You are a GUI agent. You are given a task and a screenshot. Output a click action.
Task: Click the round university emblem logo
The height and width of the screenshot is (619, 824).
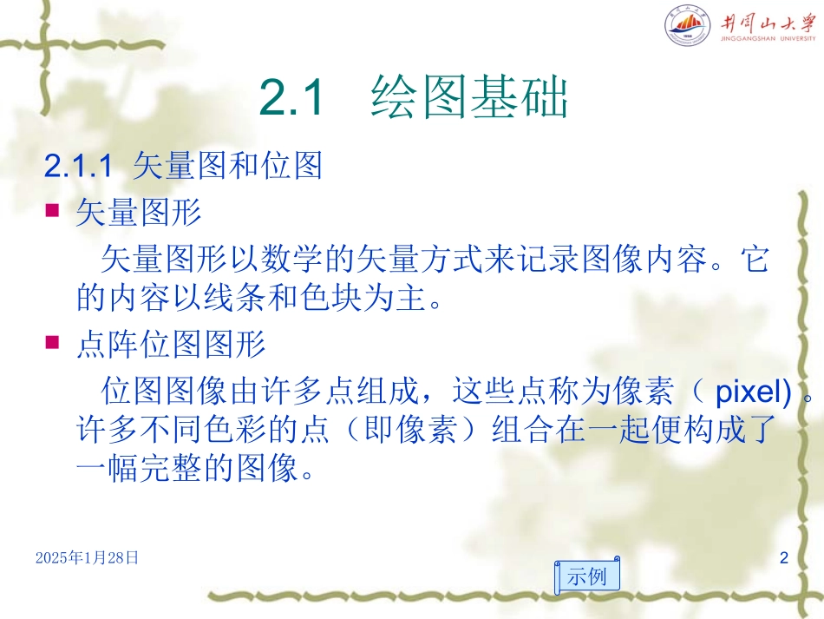pos(687,28)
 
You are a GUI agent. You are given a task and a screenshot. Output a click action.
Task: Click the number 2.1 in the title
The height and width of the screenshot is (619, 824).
pos(291,98)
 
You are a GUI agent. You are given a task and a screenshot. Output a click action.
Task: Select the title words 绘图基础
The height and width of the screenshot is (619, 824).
pos(468,98)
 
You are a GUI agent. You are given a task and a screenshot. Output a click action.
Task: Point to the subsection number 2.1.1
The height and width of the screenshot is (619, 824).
pos(78,166)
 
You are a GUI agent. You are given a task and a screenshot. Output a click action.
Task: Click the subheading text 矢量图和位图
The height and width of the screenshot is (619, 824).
pos(227,166)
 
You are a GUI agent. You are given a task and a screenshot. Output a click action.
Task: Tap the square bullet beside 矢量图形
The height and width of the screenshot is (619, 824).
pos(52,210)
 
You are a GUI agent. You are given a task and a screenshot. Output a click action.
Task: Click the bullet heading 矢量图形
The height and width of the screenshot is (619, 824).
pos(138,213)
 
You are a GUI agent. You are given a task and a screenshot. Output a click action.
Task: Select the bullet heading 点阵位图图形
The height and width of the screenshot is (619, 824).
pos(170,346)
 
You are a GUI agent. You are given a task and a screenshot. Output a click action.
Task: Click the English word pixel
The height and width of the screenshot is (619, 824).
pos(746,392)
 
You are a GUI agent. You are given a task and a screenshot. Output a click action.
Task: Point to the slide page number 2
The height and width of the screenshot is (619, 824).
pos(784,557)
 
